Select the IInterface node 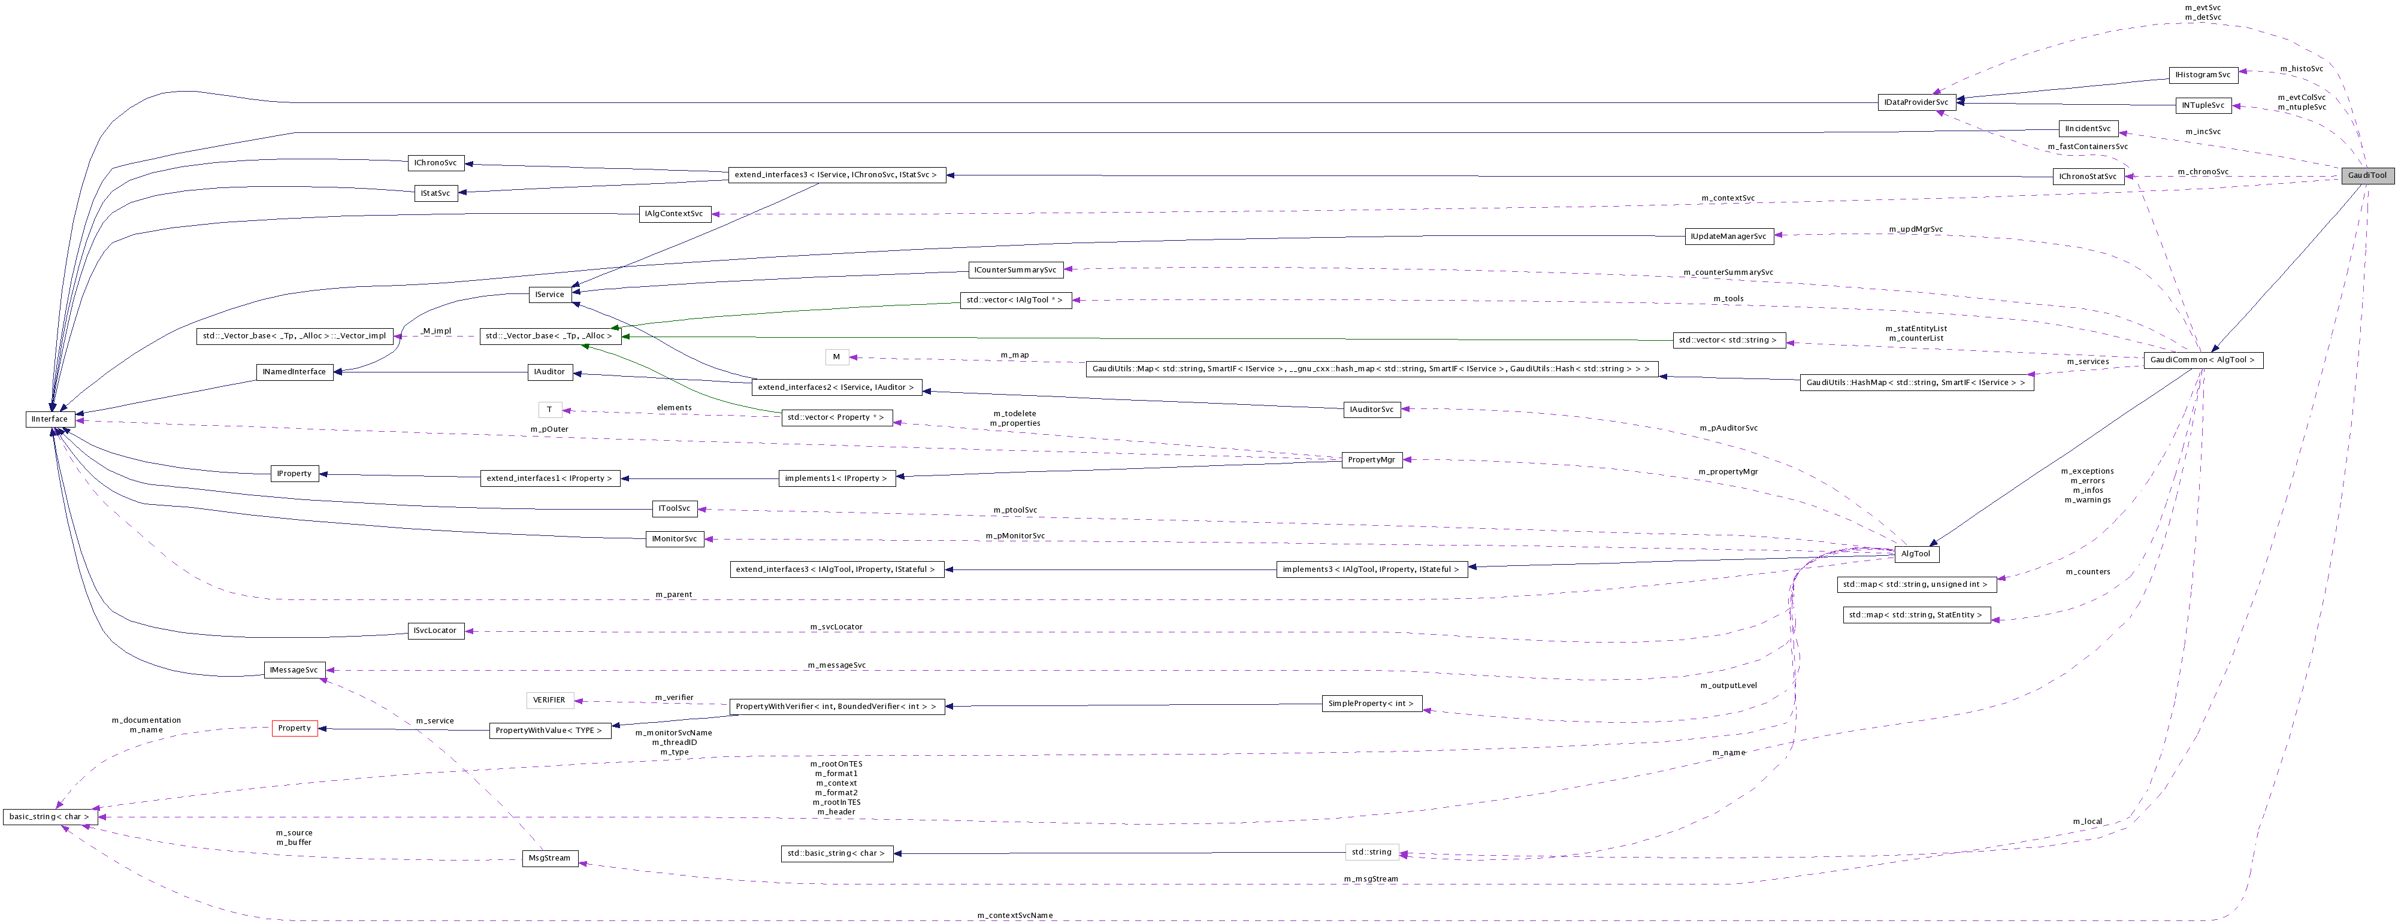point(49,419)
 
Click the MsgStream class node point(549,858)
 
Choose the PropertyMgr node point(1371,460)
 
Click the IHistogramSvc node point(2203,74)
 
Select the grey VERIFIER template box point(549,700)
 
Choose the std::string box point(1371,852)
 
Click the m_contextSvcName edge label point(1015,916)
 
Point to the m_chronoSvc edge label point(2203,171)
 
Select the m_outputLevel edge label point(1728,686)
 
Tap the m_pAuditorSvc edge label point(1728,428)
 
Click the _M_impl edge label point(436,331)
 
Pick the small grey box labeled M point(836,356)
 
